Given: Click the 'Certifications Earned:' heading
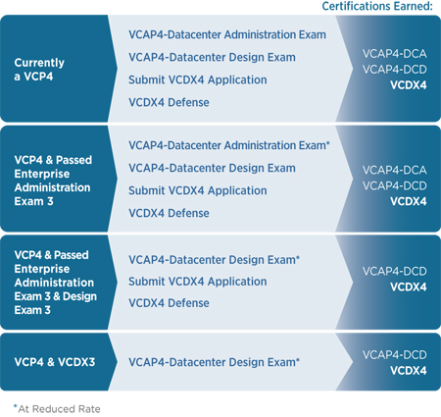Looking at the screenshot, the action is pyautogui.click(x=377, y=6).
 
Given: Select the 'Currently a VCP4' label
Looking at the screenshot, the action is pyautogui.click(x=39, y=70).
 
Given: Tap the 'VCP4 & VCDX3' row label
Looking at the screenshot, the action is pyautogui.click(x=55, y=362).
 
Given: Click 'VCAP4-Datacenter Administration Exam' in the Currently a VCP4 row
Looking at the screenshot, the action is pyautogui.click(x=227, y=34).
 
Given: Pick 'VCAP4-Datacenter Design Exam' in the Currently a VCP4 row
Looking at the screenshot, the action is pyautogui.click(x=212, y=57).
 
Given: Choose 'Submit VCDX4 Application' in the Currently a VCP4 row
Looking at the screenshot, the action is pyautogui.click(x=198, y=79).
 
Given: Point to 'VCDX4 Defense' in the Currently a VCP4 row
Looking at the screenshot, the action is pyautogui.click(x=169, y=102).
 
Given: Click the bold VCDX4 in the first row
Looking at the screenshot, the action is pyautogui.click(x=409, y=85).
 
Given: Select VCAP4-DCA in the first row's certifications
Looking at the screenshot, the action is pyautogui.click(x=394, y=54).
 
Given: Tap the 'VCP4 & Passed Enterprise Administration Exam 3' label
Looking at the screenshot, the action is pyautogui.click(x=53, y=181).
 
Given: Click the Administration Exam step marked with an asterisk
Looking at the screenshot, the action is pyautogui.click(x=229, y=145).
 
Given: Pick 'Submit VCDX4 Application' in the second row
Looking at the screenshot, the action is pyautogui.click(x=198, y=190).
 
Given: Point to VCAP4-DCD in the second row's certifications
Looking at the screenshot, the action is pyautogui.click(x=394, y=185).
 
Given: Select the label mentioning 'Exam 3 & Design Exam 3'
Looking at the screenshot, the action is pyautogui.click(x=56, y=283).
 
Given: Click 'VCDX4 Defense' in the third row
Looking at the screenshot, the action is pyautogui.click(x=169, y=303).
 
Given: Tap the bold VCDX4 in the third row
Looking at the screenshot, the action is pyautogui.click(x=409, y=287).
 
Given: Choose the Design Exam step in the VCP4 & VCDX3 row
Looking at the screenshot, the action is pyautogui.click(x=214, y=362).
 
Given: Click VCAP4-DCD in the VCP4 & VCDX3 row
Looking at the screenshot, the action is pyautogui.click(x=394, y=355).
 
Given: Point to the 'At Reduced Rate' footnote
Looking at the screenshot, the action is pyautogui.click(x=57, y=409).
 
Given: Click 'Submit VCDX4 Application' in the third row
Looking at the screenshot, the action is pyautogui.click(x=198, y=282).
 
